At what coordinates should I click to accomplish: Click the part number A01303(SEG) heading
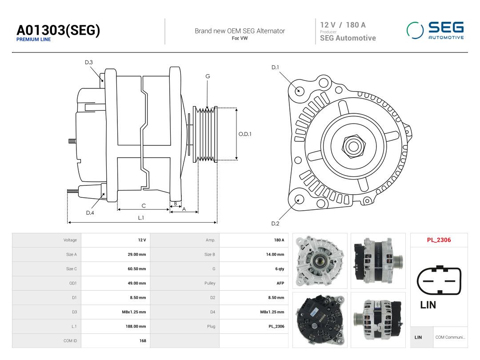pyautogui.click(x=58, y=30)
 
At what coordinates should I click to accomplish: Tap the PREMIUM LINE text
pyautogui.click(x=33, y=40)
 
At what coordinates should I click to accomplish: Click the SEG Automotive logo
pyautogui.click(x=435, y=30)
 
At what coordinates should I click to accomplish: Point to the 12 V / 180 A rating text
pyautogui.click(x=343, y=25)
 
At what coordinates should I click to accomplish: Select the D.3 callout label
pyautogui.click(x=89, y=63)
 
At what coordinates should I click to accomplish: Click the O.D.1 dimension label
pyautogui.click(x=245, y=134)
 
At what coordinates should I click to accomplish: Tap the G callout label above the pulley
pyautogui.click(x=208, y=76)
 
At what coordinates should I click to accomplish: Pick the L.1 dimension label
pyautogui.click(x=141, y=218)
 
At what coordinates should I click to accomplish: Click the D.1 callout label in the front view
pyautogui.click(x=275, y=68)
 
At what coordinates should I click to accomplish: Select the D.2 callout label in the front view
pyautogui.click(x=275, y=224)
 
